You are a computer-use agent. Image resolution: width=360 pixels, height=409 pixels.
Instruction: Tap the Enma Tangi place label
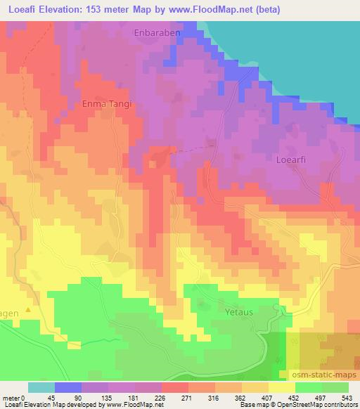107,103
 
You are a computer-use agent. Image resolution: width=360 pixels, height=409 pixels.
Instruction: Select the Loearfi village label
289,159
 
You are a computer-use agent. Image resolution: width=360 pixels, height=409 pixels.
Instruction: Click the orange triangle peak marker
29,309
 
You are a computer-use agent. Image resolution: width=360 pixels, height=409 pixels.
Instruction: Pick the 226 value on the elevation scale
161,397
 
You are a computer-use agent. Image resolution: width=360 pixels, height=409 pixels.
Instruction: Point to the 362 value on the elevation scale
241,397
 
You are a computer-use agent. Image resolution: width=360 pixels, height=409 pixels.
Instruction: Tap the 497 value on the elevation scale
321,397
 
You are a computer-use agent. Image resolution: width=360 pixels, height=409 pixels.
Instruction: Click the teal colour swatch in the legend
41,387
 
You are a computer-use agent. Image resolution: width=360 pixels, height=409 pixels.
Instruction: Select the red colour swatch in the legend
174,387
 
